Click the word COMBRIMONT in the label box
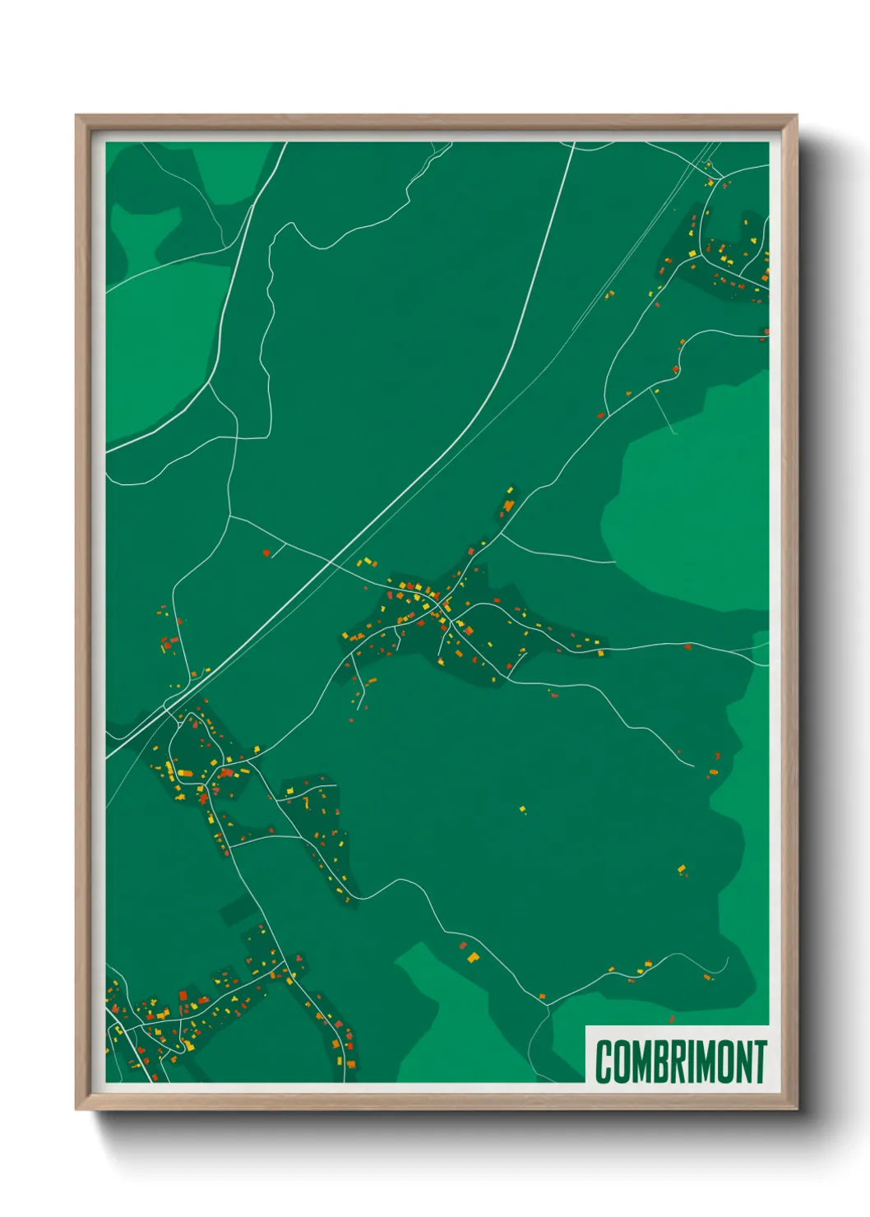click(x=681, y=1062)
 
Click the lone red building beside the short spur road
click(x=266, y=553)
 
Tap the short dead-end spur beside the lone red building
click(x=278, y=549)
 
